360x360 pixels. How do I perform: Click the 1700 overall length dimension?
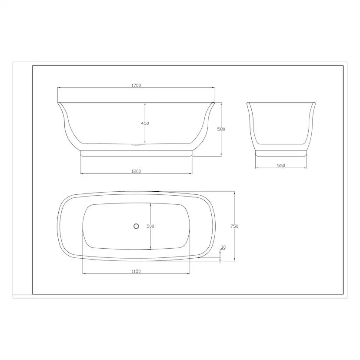click(x=136, y=85)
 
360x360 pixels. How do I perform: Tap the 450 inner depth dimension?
click(x=145, y=123)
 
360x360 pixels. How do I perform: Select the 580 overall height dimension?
click(x=221, y=129)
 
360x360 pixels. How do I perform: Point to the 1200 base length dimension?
click(x=136, y=171)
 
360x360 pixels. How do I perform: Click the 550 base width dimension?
click(x=281, y=166)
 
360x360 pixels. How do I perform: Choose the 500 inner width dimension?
click(x=150, y=226)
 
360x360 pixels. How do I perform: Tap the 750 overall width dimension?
click(x=234, y=226)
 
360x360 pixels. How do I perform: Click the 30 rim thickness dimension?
click(x=223, y=247)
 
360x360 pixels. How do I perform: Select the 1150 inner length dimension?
click(x=136, y=271)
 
